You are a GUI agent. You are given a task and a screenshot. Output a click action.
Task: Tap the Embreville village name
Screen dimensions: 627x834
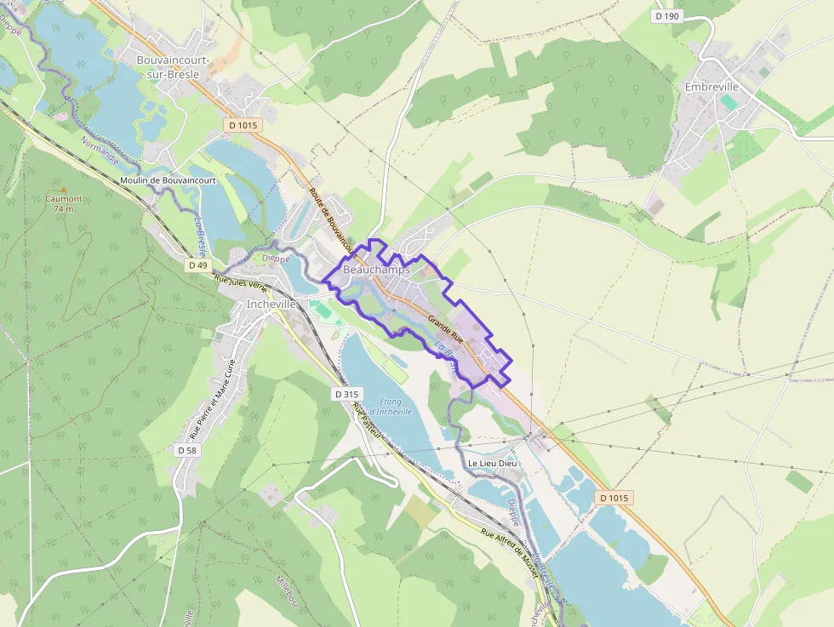[711, 87]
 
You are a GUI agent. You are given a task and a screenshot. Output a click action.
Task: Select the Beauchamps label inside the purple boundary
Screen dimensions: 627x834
[376, 270]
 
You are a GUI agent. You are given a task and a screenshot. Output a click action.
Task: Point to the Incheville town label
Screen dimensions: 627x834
[271, 304]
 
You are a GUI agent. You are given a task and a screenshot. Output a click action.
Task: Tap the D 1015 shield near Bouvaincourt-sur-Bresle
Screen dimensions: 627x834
[243, 125]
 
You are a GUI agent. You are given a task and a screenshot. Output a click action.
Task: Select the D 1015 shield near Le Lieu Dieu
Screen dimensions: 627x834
[613, 498]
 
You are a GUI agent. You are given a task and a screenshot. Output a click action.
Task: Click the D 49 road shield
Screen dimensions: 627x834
[197, 265]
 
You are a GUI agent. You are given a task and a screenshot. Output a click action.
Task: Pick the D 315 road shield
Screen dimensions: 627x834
[347, 394]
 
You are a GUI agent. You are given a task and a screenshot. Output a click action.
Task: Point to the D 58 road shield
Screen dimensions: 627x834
[187, 449]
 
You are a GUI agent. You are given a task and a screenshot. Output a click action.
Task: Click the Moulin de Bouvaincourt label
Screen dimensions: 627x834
[168, 180]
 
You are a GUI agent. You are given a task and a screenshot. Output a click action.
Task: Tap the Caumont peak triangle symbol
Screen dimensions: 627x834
[63, 189]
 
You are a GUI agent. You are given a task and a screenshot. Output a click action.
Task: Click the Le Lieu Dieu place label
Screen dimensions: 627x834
[492, 463]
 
